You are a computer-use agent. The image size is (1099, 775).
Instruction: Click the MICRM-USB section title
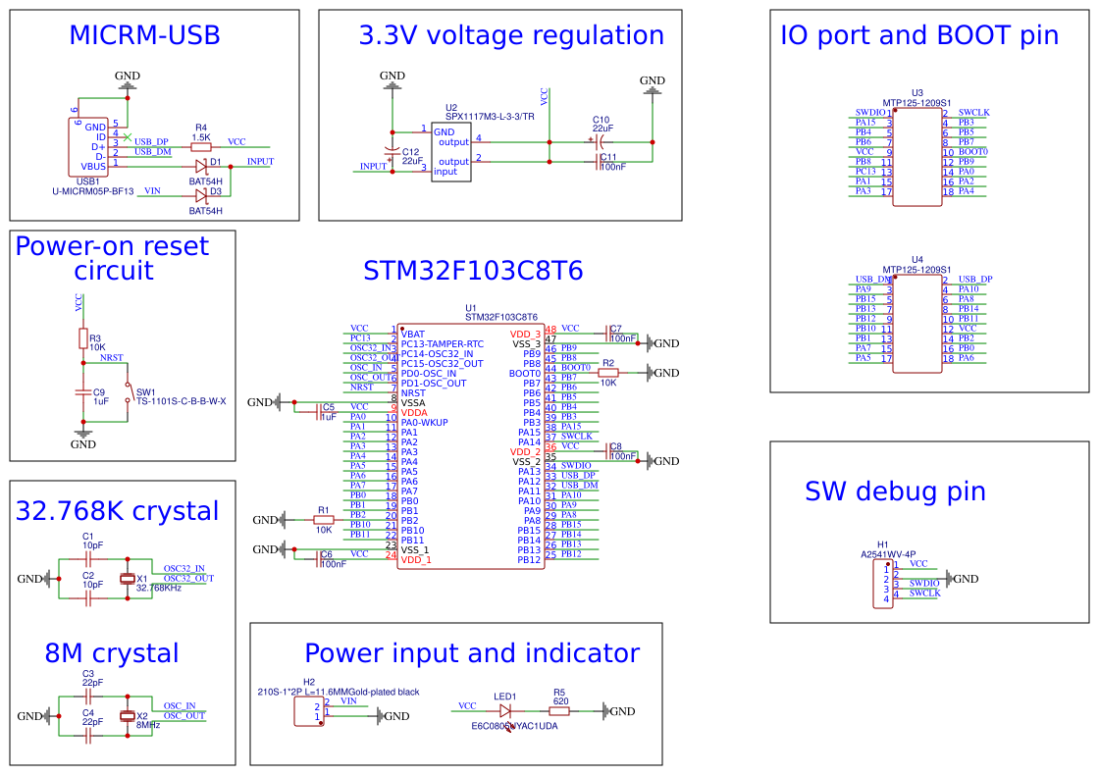point(144,36)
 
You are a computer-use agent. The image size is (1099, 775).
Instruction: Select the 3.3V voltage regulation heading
point(511,37)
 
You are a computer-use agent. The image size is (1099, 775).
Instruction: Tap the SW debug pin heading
point(895,491)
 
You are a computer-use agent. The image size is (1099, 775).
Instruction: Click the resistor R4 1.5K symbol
point(201,147)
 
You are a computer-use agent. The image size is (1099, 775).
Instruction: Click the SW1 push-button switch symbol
point(127,391)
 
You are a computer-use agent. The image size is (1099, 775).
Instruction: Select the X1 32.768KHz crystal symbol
point(127,579)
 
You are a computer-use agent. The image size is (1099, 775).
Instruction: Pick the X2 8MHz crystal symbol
point(127,716)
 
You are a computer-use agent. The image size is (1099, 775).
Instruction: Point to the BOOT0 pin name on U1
point(526,374)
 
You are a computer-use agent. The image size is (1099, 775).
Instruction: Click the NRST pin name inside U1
point(414,392)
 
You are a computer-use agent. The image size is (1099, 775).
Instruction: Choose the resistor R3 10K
point(83,338)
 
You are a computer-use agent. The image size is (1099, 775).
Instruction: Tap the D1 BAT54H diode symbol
point(202,167)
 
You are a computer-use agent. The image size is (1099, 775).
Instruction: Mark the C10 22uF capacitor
point(602,141)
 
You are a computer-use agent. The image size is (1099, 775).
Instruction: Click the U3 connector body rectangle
point(917,157)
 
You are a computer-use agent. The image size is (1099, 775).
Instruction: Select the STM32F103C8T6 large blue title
point(473,272)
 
